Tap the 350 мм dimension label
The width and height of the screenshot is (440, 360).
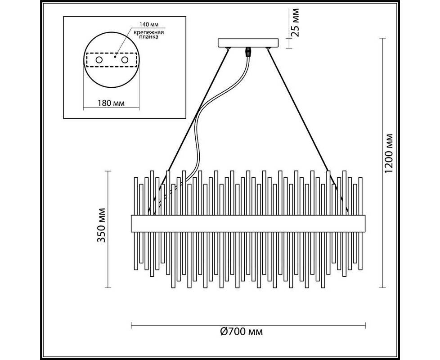[x=101, y=225]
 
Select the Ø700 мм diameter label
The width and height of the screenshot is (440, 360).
[x=242, y=332]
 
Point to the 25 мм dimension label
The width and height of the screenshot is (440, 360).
[x=295, y=23]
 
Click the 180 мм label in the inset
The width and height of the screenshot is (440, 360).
[x=111, y=103]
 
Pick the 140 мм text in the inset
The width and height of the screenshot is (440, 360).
[x=149, y=25]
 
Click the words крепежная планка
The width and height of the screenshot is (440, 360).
[x=148, y=35]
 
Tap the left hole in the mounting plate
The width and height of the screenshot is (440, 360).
[x=99, y=60]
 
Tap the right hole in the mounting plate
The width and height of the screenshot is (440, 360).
[x=125, y=60]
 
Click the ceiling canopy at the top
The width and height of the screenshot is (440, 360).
[x=248, y=43]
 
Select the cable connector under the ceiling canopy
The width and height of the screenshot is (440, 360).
[x=248, y=52]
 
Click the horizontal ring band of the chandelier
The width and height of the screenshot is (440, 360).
[x=248, y=224]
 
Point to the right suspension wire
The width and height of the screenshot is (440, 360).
[x=308, y=129]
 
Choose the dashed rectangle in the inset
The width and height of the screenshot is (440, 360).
[x=112, y=60]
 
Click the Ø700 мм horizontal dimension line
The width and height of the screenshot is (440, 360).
[x=248, y=325]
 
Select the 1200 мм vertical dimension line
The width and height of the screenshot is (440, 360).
[x=383, y=163]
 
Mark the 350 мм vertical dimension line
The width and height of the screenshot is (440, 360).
[x=108, y=229]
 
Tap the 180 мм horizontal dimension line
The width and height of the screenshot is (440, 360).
[x=111, y=108]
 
